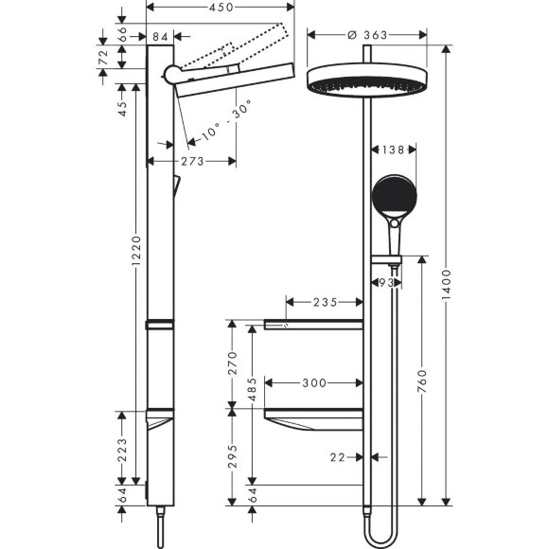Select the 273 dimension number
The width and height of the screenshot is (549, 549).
(x=192, y=162)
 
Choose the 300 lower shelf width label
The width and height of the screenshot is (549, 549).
(x=314, y=383)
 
